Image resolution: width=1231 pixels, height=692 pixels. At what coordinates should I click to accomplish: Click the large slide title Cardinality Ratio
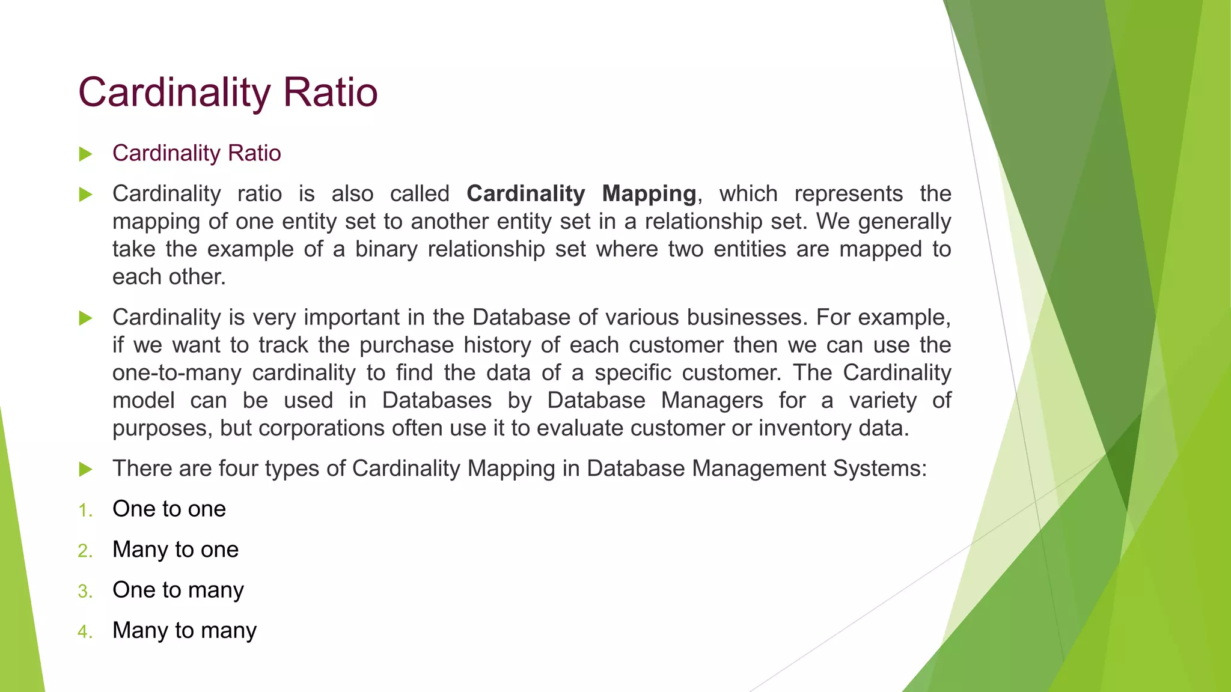coord(228,93)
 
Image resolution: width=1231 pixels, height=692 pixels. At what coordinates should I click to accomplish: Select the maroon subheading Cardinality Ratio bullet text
coord(197,153)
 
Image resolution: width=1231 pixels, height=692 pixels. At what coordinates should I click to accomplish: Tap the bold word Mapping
coord(649,193)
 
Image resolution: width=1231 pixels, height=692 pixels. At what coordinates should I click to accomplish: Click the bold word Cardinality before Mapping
coord(525,193)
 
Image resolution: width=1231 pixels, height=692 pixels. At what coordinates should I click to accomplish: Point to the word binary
coord(386,249)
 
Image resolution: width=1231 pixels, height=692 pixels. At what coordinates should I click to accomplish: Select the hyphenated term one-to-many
coord(177,372)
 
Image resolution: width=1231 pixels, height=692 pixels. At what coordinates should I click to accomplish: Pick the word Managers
coord(712,400)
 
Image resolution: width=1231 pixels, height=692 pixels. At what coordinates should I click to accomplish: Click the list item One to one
coord(169,509)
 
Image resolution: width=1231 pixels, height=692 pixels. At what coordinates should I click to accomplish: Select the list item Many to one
coord(176,550)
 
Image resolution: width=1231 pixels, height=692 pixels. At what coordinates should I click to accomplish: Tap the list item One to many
coord(178,590)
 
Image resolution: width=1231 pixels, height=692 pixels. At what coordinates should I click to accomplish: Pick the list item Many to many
coord(185,630)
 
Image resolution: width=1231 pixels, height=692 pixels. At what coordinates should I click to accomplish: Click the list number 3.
coord(85,591)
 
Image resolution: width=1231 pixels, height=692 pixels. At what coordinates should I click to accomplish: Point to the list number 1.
coord(85,511)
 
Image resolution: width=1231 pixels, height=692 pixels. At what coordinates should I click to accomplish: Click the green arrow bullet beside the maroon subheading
coord(85,154)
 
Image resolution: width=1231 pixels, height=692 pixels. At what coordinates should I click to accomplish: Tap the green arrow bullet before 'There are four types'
coord(85,469)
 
